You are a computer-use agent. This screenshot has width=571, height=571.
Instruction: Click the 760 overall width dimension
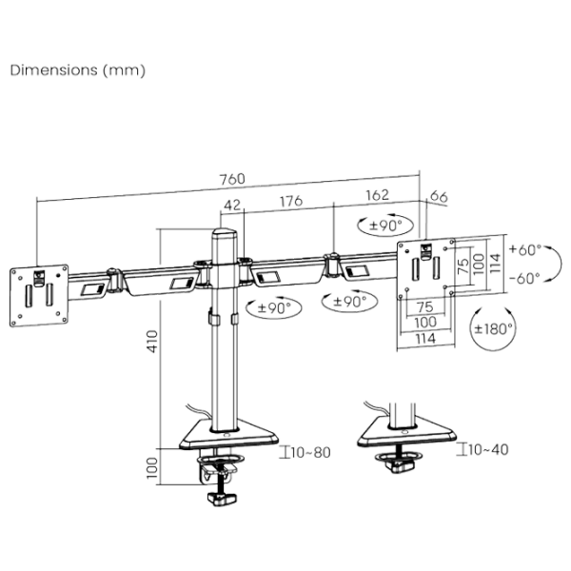point(232,179)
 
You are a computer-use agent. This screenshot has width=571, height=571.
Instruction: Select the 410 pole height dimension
point(153,342)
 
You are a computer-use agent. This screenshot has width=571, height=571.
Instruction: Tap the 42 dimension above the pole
point(232,206)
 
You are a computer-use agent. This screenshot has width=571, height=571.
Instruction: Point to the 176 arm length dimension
point(291,201)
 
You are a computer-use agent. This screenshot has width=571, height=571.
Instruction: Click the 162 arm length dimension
point(377,195)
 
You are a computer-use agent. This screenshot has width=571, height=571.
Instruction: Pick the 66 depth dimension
point(439,197)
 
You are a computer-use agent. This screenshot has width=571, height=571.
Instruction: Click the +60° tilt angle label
point(525,249)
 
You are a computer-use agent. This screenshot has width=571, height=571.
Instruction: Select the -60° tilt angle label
point(524,279)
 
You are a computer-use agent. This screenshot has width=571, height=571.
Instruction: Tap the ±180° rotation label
point(493,329)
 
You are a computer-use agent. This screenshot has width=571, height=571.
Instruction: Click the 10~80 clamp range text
point(310,453)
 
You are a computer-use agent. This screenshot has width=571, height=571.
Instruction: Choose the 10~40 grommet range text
point(488,450)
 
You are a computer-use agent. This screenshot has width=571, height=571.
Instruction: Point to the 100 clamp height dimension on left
point(152,468)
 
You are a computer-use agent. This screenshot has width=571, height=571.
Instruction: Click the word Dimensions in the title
point(54,69)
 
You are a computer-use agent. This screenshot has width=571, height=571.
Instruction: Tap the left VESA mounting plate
point(39,295)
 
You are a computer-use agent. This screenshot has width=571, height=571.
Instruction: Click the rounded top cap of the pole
point(225,231)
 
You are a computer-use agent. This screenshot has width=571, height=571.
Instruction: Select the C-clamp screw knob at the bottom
point(221,499)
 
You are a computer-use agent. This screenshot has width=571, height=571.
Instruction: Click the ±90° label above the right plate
point(385,226)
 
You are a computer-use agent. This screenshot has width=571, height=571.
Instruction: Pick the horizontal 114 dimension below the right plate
point(425,339)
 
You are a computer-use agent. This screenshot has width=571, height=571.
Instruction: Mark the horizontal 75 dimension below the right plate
point(425,307)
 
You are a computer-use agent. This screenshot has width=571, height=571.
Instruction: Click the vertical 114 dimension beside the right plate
point(495,264)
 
